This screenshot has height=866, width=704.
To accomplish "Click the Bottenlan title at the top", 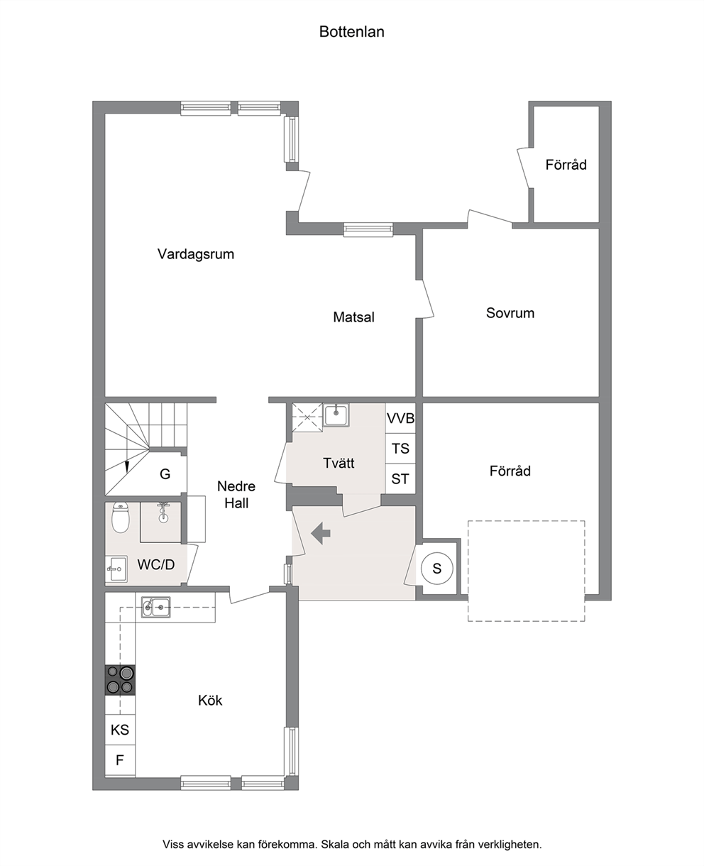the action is [351, 32].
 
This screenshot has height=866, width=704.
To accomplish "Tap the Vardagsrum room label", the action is [196, 254].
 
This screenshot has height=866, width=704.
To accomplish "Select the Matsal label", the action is [353, 317].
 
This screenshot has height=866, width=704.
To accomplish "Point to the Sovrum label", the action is [510, 313].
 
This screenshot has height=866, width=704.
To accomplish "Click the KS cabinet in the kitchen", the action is [120, 730].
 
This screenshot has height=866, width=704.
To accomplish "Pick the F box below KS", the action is [120, 760].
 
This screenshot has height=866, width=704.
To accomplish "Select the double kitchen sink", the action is [155, 607].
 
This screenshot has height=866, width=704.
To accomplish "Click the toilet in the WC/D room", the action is [121, 517].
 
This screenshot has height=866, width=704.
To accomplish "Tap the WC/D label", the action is [156, 564].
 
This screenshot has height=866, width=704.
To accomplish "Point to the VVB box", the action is [400, 418].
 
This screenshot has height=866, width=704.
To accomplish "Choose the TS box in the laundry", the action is [400, 449].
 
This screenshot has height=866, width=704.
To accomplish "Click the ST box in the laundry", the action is [400, 479].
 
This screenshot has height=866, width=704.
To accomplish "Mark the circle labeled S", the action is [437, 569].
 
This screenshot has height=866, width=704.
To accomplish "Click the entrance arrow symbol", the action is [321, 533].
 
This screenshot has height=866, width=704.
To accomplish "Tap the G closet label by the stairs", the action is [165, 473].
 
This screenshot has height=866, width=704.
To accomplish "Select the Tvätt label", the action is [339, 463].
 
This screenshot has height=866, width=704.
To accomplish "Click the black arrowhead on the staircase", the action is [127, 467].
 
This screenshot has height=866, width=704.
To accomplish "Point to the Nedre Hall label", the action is [236, 494].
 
